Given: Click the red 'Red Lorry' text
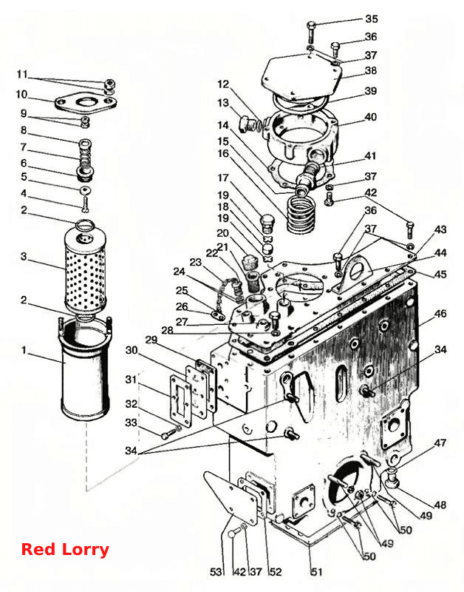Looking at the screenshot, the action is (x=65, y=549).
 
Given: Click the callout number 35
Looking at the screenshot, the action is (x=372, y=18).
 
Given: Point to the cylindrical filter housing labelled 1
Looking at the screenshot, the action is (x=86, y=369).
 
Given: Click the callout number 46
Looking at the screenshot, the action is (x=440, y=313).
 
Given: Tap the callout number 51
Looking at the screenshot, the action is (x=317, y=572).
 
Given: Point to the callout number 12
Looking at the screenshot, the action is (x=223, y=84).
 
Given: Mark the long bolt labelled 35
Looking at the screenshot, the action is (x=311, y=33).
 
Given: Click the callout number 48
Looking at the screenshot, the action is (x=440, y=505).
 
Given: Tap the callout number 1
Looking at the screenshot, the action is (x=24, y=350).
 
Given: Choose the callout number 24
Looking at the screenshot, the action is (x=180, y=272).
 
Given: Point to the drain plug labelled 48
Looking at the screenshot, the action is (x=394, y=477).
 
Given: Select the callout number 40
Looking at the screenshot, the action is (x=371, y=117).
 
